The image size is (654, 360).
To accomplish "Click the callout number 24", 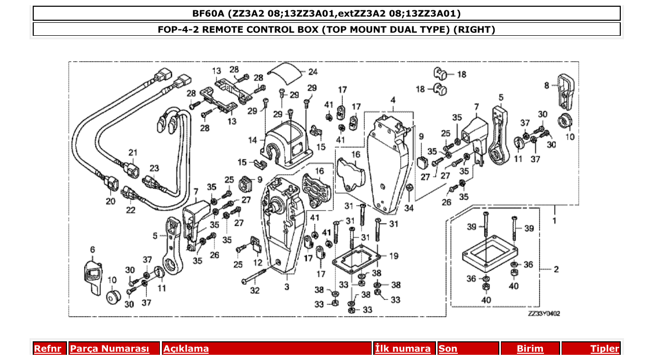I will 313,72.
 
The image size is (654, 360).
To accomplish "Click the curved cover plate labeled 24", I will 287,72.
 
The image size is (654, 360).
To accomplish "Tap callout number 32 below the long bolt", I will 255,291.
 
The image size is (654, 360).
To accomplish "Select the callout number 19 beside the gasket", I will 393,255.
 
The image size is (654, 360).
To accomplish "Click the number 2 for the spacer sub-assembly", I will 556,269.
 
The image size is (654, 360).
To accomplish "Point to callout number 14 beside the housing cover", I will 253,140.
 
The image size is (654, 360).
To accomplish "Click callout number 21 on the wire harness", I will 133,153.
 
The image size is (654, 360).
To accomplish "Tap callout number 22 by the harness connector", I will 130,210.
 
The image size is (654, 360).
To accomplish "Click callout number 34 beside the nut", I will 410,208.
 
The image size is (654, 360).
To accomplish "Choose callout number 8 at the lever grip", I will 546,85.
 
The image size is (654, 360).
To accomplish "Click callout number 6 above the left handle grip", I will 92,250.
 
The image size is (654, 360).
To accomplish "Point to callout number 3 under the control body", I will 287,287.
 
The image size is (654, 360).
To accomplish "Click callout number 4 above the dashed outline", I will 393,100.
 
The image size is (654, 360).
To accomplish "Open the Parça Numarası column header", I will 109,349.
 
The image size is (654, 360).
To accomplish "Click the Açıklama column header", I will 186,349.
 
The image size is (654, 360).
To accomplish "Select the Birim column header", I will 529,349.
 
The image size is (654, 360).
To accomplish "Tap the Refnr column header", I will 48,349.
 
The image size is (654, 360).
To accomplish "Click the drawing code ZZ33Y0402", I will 543,313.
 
